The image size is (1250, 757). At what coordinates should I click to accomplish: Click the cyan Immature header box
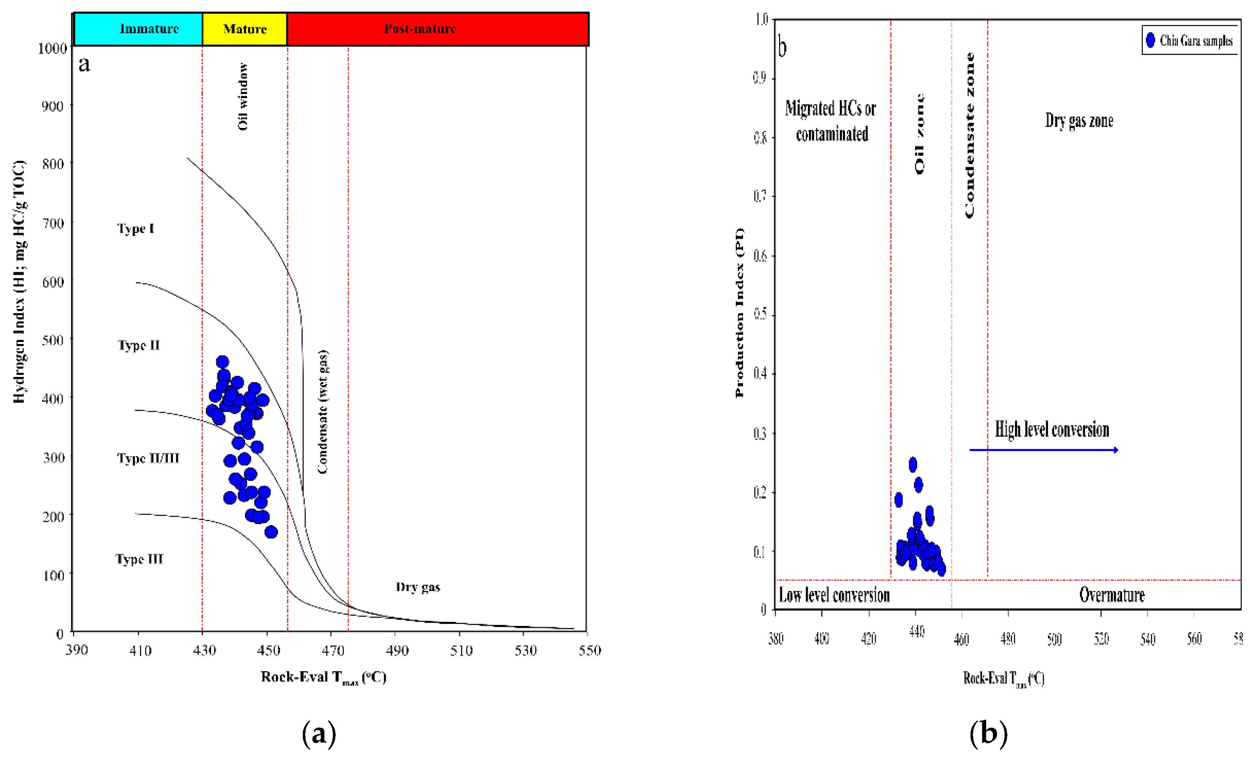[x=138, y=29]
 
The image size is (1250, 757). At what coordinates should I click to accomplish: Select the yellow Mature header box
[x=245, y=29]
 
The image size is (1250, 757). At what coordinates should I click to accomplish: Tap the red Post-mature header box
[x=437, y=29]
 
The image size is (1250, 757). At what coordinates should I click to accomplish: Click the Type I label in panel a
[x=136, y=229]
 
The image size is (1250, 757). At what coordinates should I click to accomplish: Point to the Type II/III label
[x=148, y=459]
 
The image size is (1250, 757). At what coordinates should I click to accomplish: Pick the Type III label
[x=139, y=559]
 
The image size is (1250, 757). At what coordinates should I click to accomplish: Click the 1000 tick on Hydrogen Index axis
[x=52, y=49]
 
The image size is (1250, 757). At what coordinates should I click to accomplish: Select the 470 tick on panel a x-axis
[x=332, y=650]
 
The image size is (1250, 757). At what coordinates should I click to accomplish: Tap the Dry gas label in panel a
[x=417, y=587]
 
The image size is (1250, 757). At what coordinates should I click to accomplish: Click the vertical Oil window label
[x=243, y=96]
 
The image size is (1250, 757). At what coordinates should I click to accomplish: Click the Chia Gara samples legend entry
[x=1189, y=40]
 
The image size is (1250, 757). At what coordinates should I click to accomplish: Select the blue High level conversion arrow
[x=1043, y=450]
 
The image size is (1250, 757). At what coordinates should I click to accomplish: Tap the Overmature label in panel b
[x=1112, y=595]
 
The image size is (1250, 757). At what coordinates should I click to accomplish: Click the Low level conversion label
[x=834, y=595]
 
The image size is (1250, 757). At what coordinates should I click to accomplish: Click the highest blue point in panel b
[x=913, y=464]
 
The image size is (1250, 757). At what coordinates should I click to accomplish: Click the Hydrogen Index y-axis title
[x=19, y=281]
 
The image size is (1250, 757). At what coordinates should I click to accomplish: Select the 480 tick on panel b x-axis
[x=1007, y=638]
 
